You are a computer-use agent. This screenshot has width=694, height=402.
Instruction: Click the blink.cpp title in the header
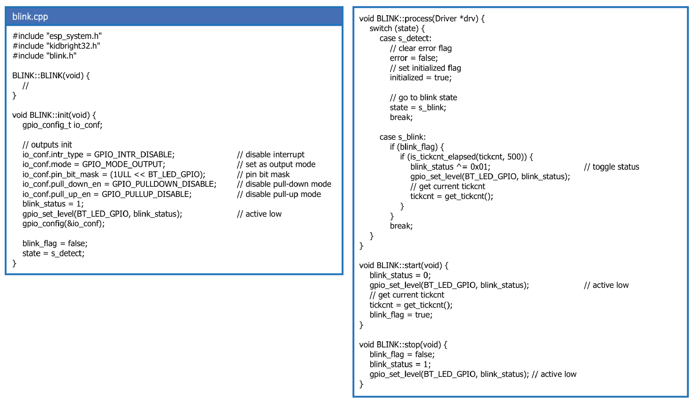pos(30,17)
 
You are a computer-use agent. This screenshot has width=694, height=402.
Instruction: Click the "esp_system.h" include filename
pos(74,36)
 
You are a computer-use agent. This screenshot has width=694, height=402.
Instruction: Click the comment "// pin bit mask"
pos(263,174)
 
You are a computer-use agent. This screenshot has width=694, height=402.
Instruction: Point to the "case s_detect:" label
pos(405,38)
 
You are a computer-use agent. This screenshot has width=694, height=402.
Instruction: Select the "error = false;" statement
pos(414,58)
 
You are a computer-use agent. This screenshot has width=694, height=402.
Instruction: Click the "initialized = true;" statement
pos(421,78)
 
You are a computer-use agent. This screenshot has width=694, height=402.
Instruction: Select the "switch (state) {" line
pos(397,28)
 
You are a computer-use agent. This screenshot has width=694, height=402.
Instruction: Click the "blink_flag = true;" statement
pos(401,315)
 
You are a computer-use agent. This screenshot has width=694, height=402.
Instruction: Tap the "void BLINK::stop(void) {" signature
pos(403,345)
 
